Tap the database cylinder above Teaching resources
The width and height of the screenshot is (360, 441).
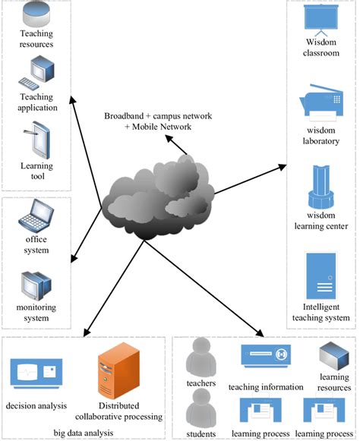(36, 13)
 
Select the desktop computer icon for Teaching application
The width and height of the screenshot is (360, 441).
(36, 73)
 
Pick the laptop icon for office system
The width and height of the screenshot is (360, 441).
(36, 216)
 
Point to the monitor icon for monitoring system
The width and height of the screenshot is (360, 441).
(36, 285)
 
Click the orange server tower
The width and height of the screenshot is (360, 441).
(118, 370)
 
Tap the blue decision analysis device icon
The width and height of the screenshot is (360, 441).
(36, 373)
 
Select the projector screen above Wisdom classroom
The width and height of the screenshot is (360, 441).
(321, 20)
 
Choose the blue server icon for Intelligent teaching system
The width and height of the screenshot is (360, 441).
(321, 276)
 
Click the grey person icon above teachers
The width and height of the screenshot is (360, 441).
(201, 358)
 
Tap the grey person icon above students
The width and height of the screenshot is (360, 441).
(201, 408)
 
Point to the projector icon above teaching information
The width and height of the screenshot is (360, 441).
(266, 356)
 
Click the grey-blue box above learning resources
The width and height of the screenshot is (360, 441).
(334, 356)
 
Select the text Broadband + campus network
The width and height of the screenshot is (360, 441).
(158, 116)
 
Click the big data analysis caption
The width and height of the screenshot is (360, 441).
(84, 433)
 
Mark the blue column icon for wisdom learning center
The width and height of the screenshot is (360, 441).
(321, 187)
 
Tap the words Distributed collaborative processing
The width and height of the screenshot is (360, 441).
(118, 411)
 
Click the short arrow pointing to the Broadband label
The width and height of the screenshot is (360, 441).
(176, 145)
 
